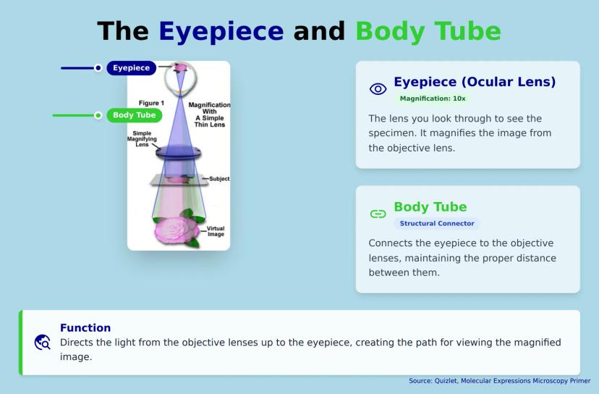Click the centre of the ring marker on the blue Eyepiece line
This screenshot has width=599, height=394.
pyautogui.click(x=98, y=68)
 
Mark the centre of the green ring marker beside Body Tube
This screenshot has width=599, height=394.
pyautogui.click(x=98, y=115)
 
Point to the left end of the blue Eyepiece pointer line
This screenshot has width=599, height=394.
pyautogui.click(x=61, y=68)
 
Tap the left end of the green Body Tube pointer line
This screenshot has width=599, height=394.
pyautogui.click(x=53, y=115)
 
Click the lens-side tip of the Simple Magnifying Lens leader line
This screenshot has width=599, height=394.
pyautogui.click(x=161, y=148)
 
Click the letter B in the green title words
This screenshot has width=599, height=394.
pyautogui.click(x=365, y=31)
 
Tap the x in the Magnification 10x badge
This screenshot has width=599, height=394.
pyautogui.click(x=463, y=98)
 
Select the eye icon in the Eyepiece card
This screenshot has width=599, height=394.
pyautogui.click(x=378, y=89)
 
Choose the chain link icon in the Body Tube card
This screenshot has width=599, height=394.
pyautogui.click(x=378, y=214)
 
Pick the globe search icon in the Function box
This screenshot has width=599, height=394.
pyautogui.click(x=42, y=343)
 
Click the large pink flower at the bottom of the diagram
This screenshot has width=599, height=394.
pyautogui.click(x=177, y=230)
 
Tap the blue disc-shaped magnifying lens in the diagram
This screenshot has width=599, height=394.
pyautogui.click(x=179, y=152)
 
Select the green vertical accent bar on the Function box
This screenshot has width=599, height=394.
pyautogui.click(x=21, y=343)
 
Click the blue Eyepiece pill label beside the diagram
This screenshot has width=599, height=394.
pyautogui.click(x=132, y=68)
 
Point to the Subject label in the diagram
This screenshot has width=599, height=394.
pyautogui.click(x=219, y=179)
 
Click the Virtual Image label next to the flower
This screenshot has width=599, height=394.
pyautogui.click(x=216, y=231)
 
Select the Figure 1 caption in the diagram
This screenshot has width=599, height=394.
pyautogui.click(x=151, y=103)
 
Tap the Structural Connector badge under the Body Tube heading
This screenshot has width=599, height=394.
pyautogui.click(x=437, y=223)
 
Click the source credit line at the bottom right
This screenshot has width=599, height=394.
pyautogui.click(x=499, y=381)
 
